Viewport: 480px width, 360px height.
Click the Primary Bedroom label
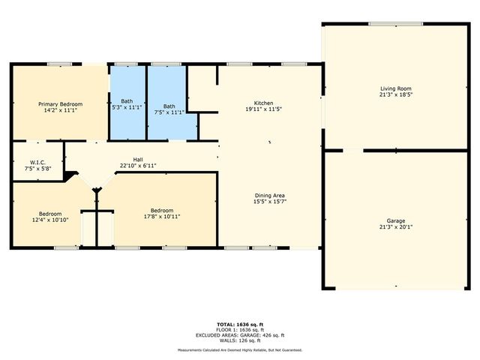pyautogui.click(x=61, y=103)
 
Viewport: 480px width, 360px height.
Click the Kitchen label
pyautogui.click(x=263, y=103)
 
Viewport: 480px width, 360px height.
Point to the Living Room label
pyautogui.click(x=396, y=89)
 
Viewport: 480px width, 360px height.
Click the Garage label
pyautogui.click(x=396, y=220)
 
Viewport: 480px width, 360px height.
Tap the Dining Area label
pyautogui.click(x=268, y=196)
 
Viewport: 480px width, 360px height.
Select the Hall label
pyautogui.click(x=138, y=160)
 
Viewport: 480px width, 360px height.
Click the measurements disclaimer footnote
pyautogui.click(x=240, y=350)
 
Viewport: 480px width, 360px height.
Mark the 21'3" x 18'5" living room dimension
pyautogui.click(x=396, y=95)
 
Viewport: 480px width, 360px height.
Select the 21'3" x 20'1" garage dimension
pyautogui.click(x=396, y=226)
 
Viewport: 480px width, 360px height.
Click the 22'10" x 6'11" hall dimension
pyautogui.click(x=138, y=166)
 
